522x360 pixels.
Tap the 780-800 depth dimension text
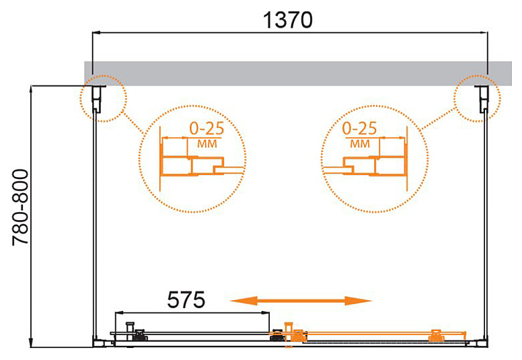(x=20, y=208)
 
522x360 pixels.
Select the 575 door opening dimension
(x=186, y=299)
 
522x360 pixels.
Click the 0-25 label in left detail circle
(x=207, y=129)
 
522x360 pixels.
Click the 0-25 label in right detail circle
(x=359, y=129)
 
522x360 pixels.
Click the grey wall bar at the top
(x=297, y=73)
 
